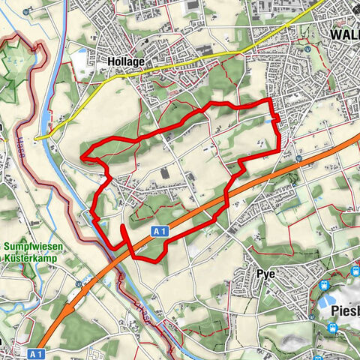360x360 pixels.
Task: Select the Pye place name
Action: (266, 274)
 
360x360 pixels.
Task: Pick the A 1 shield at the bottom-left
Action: (38, 352)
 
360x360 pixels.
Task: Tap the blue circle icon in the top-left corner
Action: (27, 12)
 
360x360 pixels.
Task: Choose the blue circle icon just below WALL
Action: (307, 49)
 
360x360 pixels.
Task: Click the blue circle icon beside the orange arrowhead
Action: (79, 283)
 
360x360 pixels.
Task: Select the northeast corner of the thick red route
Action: (269, 100)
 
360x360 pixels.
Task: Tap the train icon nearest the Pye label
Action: (323, 285)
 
